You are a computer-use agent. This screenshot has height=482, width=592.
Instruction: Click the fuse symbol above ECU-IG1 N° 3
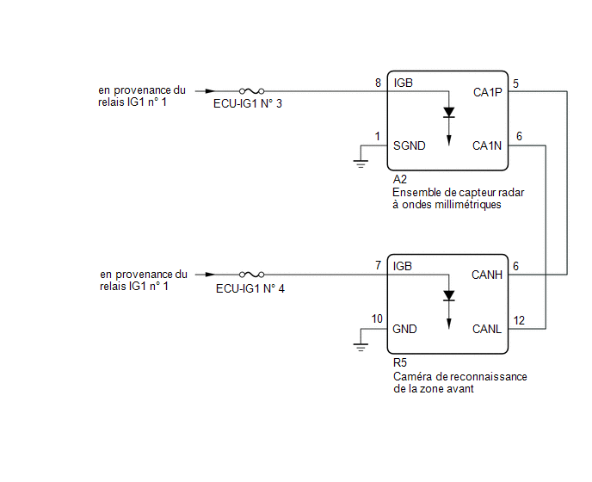251,91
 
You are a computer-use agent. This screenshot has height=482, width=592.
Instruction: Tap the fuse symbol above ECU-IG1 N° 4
251,275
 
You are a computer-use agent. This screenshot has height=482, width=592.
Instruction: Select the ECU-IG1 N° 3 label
248,103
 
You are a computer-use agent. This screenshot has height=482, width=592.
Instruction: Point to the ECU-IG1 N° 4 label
250,288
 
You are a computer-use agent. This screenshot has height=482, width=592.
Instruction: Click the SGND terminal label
410,145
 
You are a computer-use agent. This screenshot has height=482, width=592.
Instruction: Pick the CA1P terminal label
487,92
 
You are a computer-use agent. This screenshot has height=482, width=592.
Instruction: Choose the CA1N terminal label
487,145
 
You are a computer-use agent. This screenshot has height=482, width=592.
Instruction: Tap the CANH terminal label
487,275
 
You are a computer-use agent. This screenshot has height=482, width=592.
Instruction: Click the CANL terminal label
487,329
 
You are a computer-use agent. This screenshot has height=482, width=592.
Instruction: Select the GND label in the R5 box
404,329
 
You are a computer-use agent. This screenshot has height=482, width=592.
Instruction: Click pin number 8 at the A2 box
378,83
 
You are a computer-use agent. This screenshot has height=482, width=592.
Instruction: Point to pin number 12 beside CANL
519,320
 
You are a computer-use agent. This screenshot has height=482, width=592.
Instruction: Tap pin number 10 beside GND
377,318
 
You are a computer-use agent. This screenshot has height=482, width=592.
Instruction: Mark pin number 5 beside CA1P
515,83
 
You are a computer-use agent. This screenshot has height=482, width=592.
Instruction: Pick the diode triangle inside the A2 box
449,113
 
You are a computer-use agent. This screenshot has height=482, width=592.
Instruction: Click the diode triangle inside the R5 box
449,296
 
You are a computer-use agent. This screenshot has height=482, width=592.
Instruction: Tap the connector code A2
400,179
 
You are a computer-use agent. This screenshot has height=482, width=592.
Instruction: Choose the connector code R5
400,362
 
